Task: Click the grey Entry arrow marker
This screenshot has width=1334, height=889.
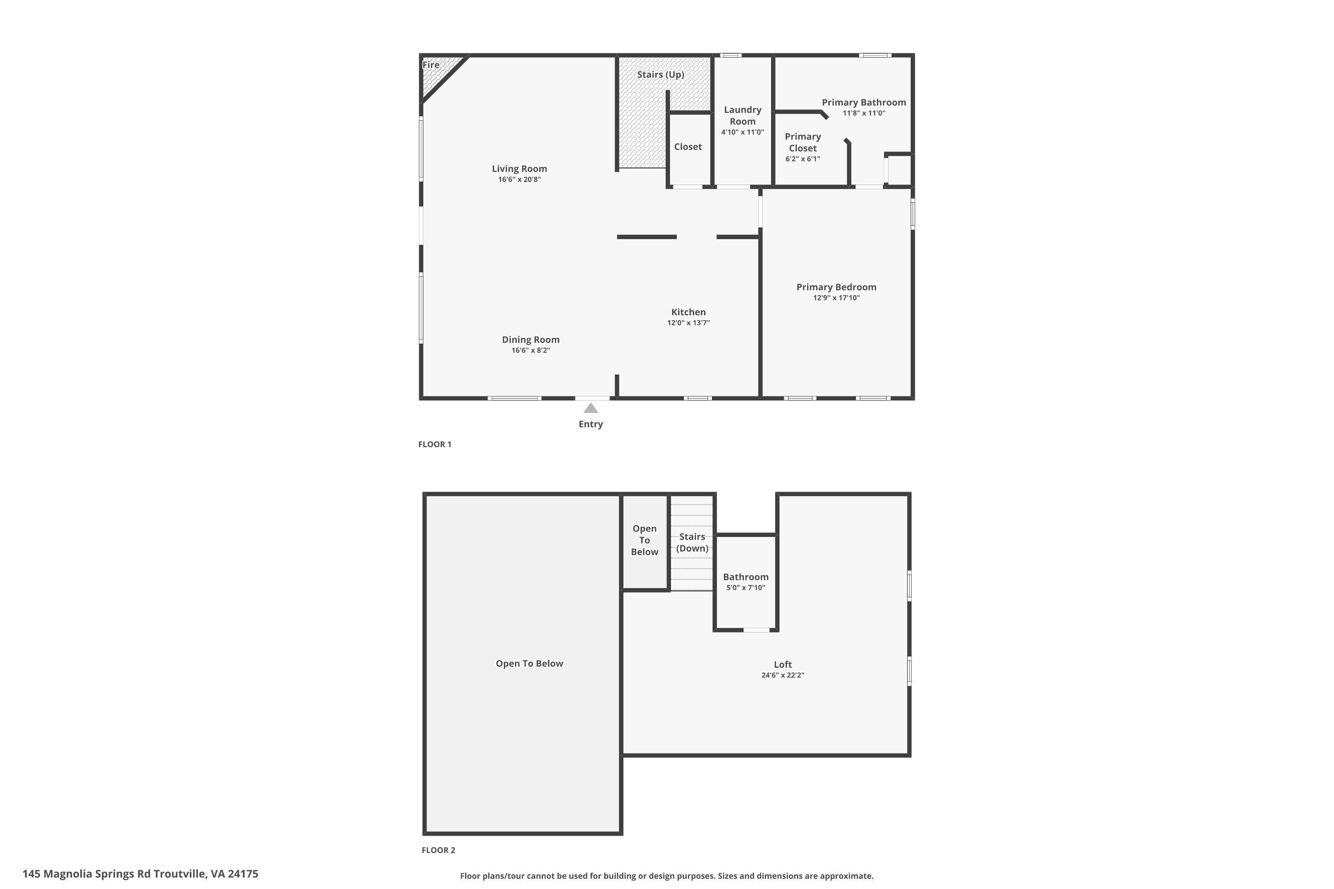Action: pyautogui.click(x=591, y=408)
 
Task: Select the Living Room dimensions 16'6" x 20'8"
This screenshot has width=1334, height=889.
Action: pyautogui.click(x=519, y=180)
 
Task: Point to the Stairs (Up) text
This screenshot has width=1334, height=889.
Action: pyautogui.click(x=660, y=75)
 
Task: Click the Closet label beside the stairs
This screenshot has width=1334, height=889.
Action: pyautogui.click(x=687, y=147)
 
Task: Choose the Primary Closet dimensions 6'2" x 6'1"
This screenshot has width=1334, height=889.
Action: pyautogui.click(x=802, y=159)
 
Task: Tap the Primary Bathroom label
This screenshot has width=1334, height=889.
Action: pyautogui.click(x=863, y=103)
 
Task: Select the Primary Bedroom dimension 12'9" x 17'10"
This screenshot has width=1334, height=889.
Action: pyautogui.click(x=836, y=298)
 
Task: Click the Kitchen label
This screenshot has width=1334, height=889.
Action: pyautogui.click(x=688, y=312)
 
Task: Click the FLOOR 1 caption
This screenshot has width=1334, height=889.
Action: pyautogui.click(x=434, y=444)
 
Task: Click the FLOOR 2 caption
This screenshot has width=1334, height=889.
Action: pyautogui.click(x=438, y=850)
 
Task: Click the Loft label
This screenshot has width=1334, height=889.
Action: pyautogui.click(x=782, y=665)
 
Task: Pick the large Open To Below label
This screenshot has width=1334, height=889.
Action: pyautogui.click(x=529, y=663)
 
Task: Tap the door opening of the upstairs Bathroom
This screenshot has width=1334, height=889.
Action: pyautogui.click(x=757, y=630)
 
